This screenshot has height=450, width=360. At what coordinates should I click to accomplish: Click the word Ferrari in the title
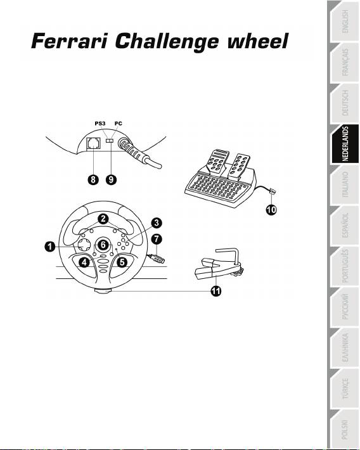pos(70,41)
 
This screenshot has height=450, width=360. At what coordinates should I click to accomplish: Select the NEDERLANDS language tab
pos(345,144)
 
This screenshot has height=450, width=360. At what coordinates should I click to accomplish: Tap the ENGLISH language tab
pos(345,22)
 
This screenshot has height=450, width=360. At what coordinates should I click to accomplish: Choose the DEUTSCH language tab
pos(345,103)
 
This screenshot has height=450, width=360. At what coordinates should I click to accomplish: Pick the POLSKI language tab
pos(345,430)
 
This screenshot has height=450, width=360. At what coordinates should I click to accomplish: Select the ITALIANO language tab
pos(345,184)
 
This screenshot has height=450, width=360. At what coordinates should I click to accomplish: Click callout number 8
pos(93,180)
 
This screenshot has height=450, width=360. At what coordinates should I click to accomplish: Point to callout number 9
pos(111,180)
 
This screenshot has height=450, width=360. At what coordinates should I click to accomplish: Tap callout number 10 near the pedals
pos(271,210)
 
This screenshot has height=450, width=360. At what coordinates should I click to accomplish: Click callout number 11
pos(216,292)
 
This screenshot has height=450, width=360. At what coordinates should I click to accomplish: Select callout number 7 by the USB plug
pos(156,239)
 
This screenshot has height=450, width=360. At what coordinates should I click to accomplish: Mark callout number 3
pos(157,223)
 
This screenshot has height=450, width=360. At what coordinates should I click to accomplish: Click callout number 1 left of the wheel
pos(50,247)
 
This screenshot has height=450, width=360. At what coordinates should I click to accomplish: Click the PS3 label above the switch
pos(100,124)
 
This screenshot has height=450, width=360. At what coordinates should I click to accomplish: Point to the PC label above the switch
pos(119,124)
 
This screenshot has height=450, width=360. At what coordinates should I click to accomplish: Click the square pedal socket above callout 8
pos(93,143)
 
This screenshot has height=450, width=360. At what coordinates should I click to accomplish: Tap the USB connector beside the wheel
pos(157,258)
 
